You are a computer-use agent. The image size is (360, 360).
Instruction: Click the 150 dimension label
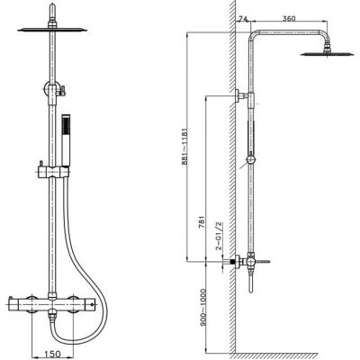coord(52,355)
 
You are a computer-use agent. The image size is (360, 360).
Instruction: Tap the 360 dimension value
coord(289,18)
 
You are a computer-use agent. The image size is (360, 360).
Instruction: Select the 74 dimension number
coord(242,19)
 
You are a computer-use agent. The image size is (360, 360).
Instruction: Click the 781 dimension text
coord(202,222)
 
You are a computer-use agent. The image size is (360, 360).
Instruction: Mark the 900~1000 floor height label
coord(202,304)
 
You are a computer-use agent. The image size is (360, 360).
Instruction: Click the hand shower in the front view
coord(66,139)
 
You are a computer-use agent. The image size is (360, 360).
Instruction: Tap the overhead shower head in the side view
coord(328,51)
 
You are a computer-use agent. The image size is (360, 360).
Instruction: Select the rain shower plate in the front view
coord(52,30)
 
